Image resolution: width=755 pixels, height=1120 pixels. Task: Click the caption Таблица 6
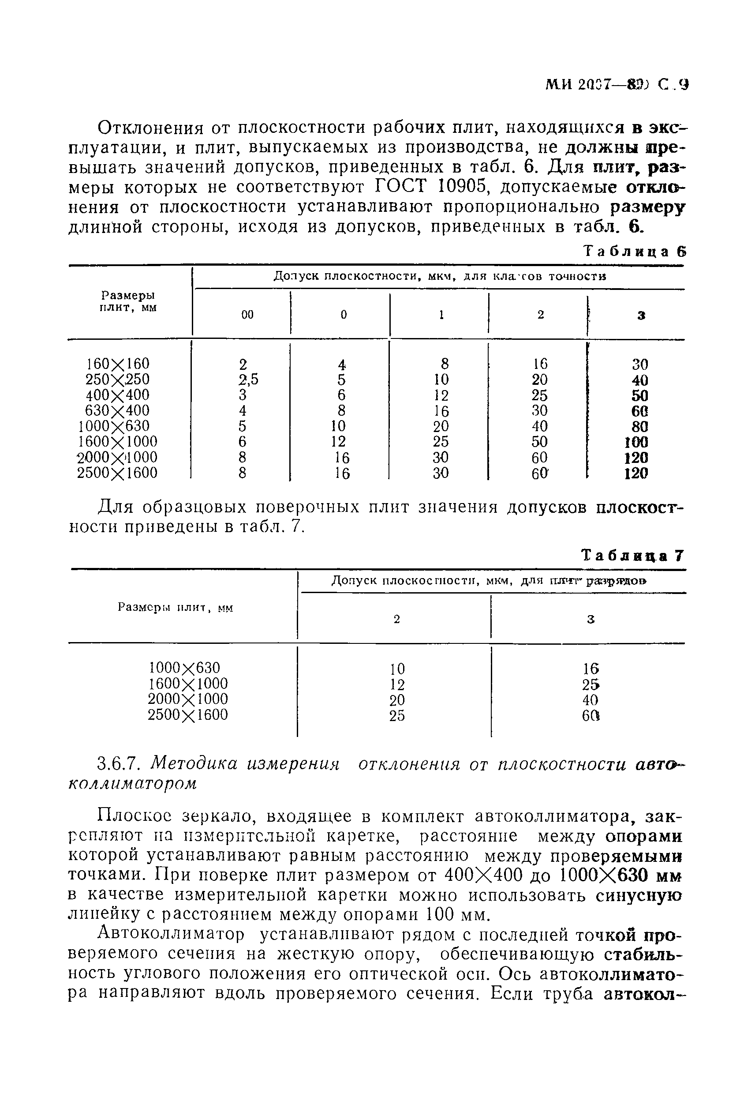[x=635, y=252]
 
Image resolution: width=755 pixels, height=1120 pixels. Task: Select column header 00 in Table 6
[x=247, y=315]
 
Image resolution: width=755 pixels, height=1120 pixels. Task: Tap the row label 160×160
[x=117, y=364]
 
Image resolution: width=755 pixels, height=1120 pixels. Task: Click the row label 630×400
[x=117, y=410]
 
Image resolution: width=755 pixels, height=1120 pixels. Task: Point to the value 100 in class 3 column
[x=636, y=442]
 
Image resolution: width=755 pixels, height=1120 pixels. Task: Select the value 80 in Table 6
[x=640, y=427]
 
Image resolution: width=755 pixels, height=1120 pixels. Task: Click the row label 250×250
[x=117, y=380]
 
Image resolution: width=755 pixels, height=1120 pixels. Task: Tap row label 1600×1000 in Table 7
[x=188, y=684]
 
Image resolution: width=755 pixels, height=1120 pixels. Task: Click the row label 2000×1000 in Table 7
[x=188, y=699]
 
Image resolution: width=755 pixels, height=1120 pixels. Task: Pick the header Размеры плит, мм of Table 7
[x=175, y=608]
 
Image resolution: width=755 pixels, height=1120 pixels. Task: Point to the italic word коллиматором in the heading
[x=132, y=784]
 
